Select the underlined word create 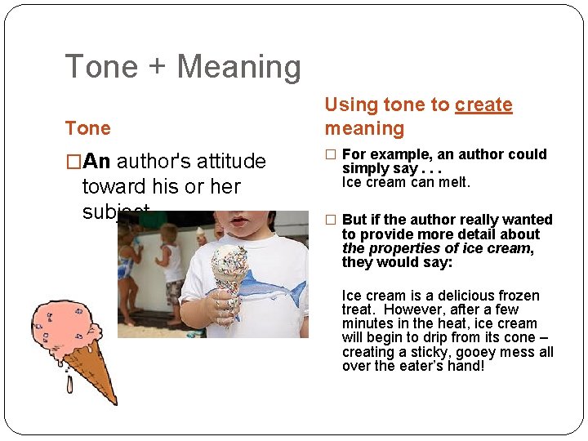(483, 105)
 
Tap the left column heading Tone (87, 128)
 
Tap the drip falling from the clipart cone (69, 383)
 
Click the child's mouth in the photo (238, 221)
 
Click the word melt (454, 182)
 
